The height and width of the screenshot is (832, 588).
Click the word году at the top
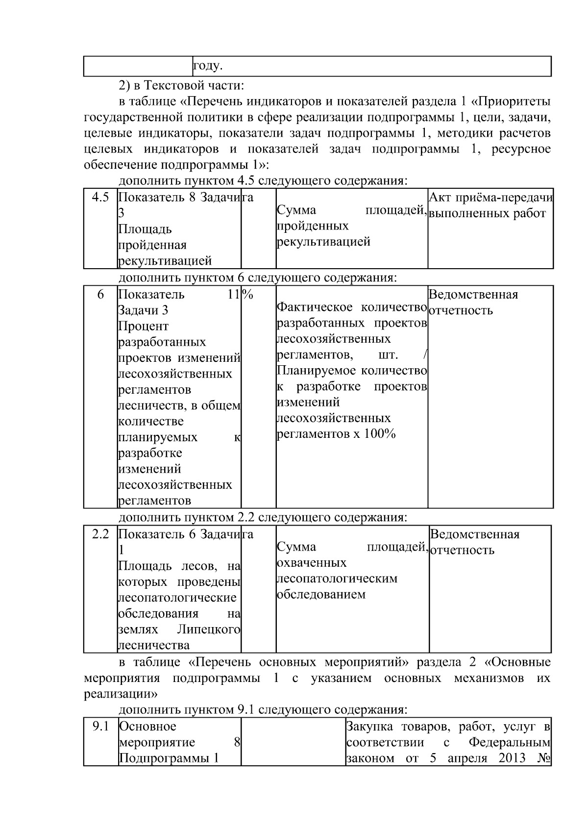(x=208, y=66)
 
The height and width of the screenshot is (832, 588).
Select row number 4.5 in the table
(x=100, y=198)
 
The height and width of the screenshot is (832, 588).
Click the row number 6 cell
(x=100, y=295)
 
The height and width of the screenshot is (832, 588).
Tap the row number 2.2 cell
(x=100, y=534)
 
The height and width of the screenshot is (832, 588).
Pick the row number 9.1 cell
(x=100, y=726)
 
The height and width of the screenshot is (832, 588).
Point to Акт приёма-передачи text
(x=490, y=198)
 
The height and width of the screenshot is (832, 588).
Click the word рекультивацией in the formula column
(x=323, y=242)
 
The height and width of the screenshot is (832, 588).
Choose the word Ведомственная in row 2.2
(x=474, y=534)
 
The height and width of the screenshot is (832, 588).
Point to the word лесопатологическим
(x=337, y=579)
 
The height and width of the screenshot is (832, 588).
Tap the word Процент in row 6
(x=144, y=326)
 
